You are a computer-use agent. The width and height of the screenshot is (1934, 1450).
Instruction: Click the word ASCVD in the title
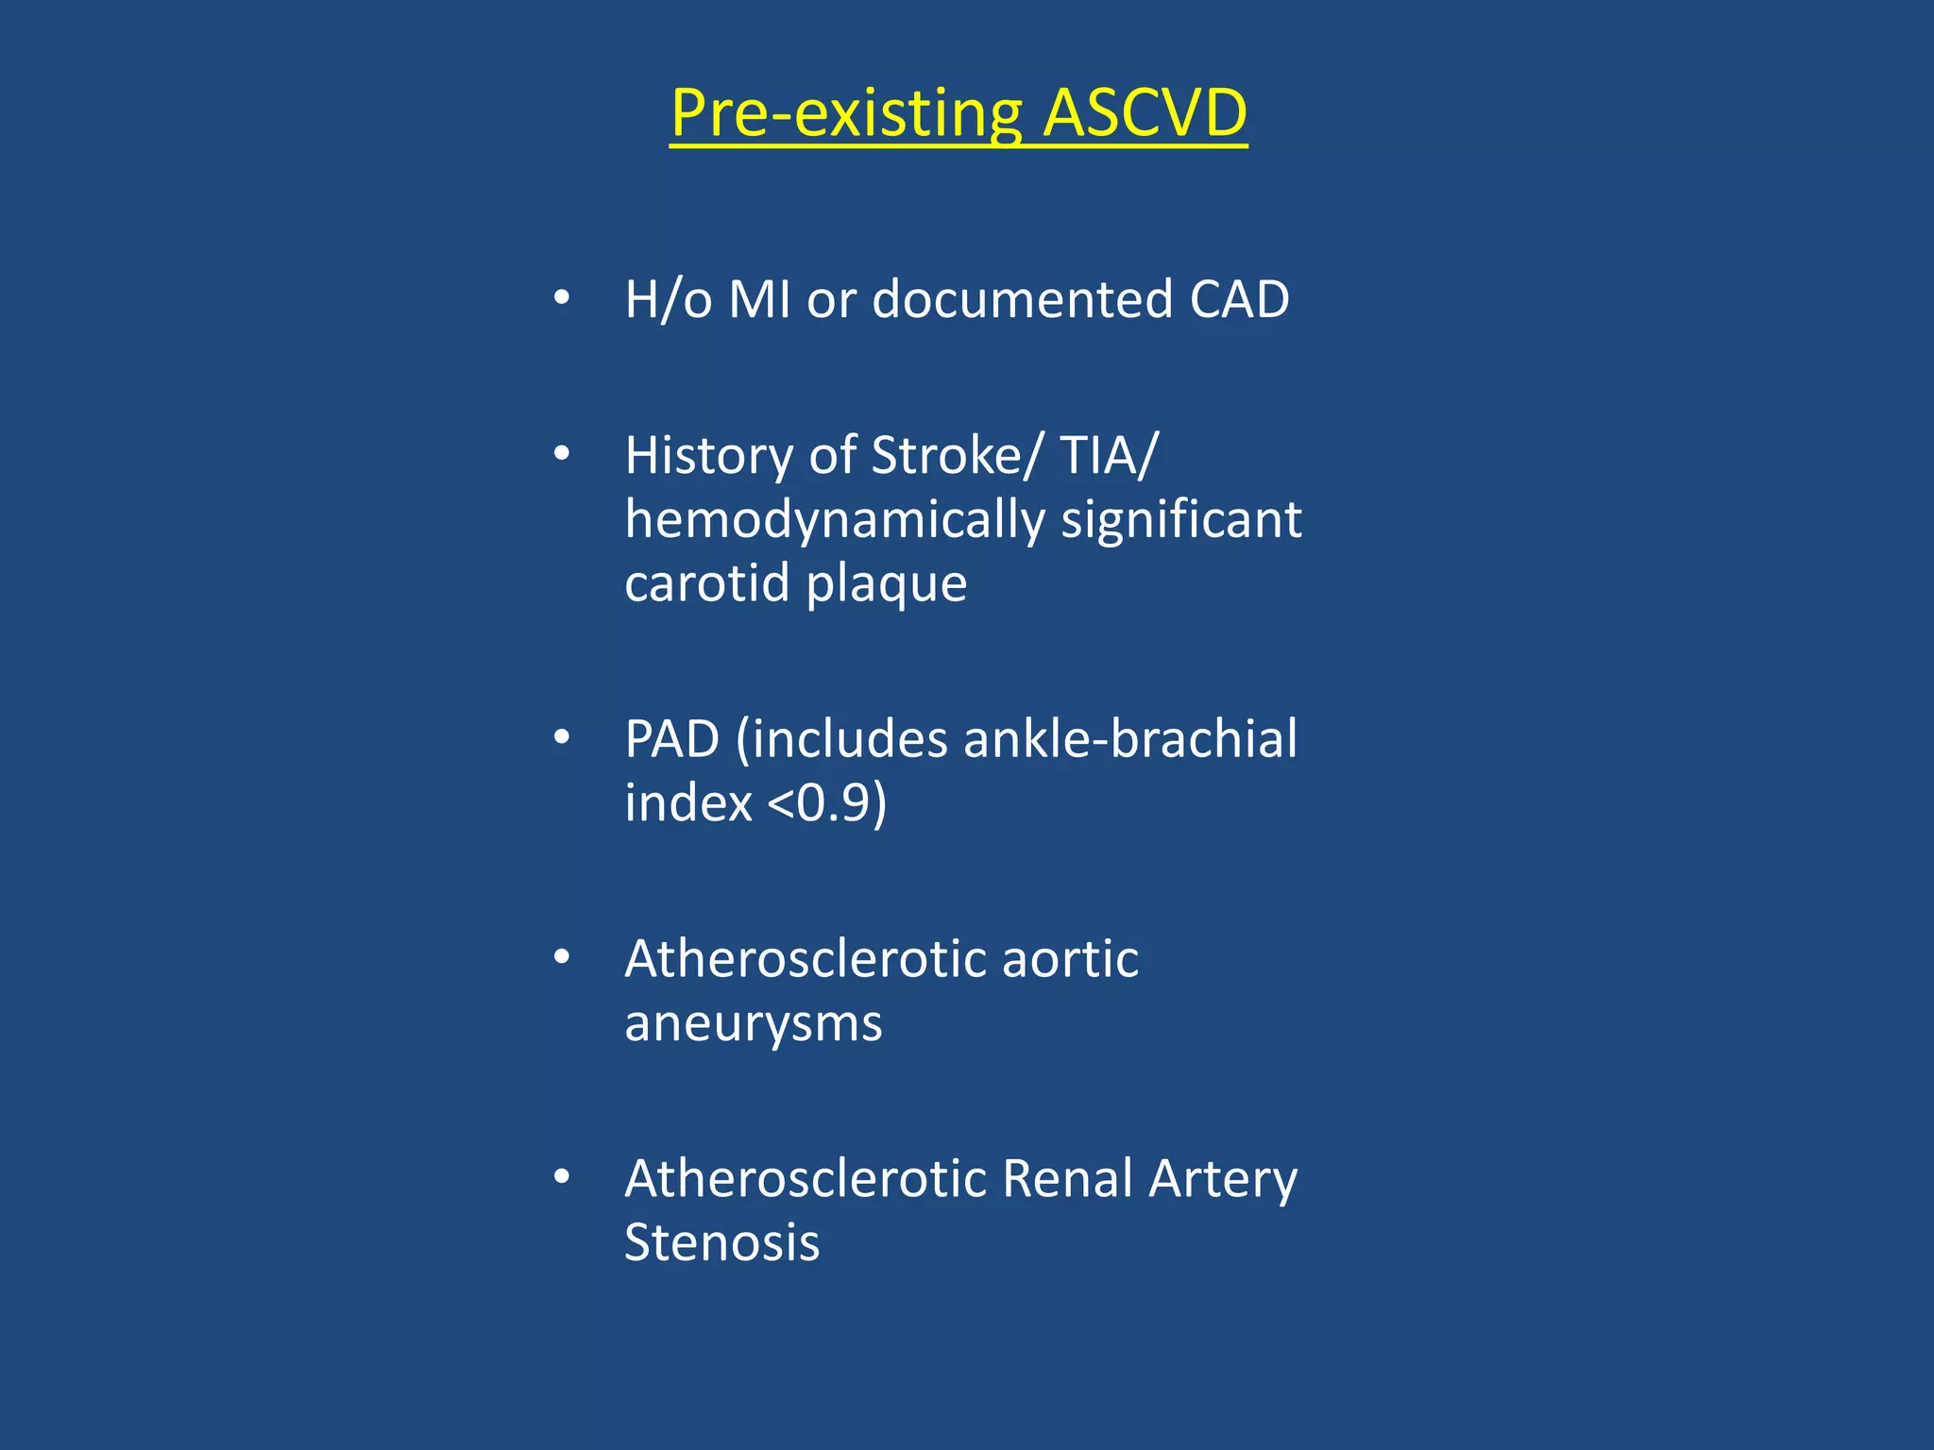pyautogui.click(x=1145, y=113)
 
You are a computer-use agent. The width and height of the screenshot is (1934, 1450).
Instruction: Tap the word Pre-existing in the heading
pyautogui.click(x=846, y=113)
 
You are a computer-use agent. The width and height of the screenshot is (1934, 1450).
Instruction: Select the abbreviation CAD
pyautogui.click(x=1239, y=299)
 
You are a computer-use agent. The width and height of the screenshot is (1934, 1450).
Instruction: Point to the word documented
pyautogui.click(x=1022, y=299)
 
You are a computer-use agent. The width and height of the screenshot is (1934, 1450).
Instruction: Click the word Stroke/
pyautogui.click(x=957, y=456)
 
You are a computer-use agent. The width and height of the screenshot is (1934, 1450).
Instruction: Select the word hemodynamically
pyautogui.click(x=835, y=520)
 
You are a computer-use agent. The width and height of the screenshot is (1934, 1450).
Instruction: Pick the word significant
pyautogui.click(x=1181, y=520)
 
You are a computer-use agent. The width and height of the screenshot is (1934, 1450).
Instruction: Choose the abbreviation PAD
pyautogui.click(x=671, y=739)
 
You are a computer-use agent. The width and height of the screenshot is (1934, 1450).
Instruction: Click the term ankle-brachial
pyautogui.click(x=1130, y=739)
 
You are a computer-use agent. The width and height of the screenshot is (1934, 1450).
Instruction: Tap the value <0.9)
pyautogui.click(x=827, y=802)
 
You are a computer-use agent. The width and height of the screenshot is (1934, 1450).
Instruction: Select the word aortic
pyautogui.click(x=1070, y=959)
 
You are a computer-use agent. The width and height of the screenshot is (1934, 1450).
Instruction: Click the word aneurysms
pyautogui.click(x=754, y=1024)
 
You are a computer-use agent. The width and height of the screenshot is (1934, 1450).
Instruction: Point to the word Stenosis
pyautogui.click(x=722, y=1242)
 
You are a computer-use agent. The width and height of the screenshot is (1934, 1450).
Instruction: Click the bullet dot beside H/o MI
pyautogui.click(x=562, y=298)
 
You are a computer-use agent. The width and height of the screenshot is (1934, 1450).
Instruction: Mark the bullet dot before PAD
pyautogui.click(x=562, y=738)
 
